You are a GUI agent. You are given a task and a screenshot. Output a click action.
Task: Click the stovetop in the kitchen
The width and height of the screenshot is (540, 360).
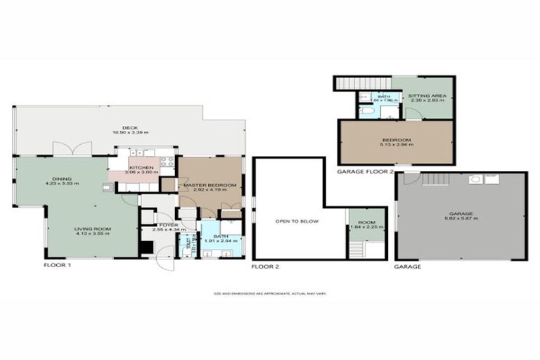[x=167, y=162]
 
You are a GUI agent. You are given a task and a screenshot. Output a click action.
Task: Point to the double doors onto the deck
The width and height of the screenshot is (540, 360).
[x=72, y=149]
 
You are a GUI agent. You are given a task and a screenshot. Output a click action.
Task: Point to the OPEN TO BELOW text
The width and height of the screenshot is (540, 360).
[x=297, y=221]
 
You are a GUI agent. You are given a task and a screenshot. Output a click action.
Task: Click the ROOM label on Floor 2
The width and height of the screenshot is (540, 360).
[x=366, y=221]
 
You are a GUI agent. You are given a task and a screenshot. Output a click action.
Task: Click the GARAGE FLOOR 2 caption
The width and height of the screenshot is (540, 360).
[x=365, y=172]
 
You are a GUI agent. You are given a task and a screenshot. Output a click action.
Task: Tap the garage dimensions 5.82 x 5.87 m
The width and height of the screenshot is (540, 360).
[x=460, y=219]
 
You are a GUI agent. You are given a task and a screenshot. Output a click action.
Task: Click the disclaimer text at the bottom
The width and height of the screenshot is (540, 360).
[x=270, y=294]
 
